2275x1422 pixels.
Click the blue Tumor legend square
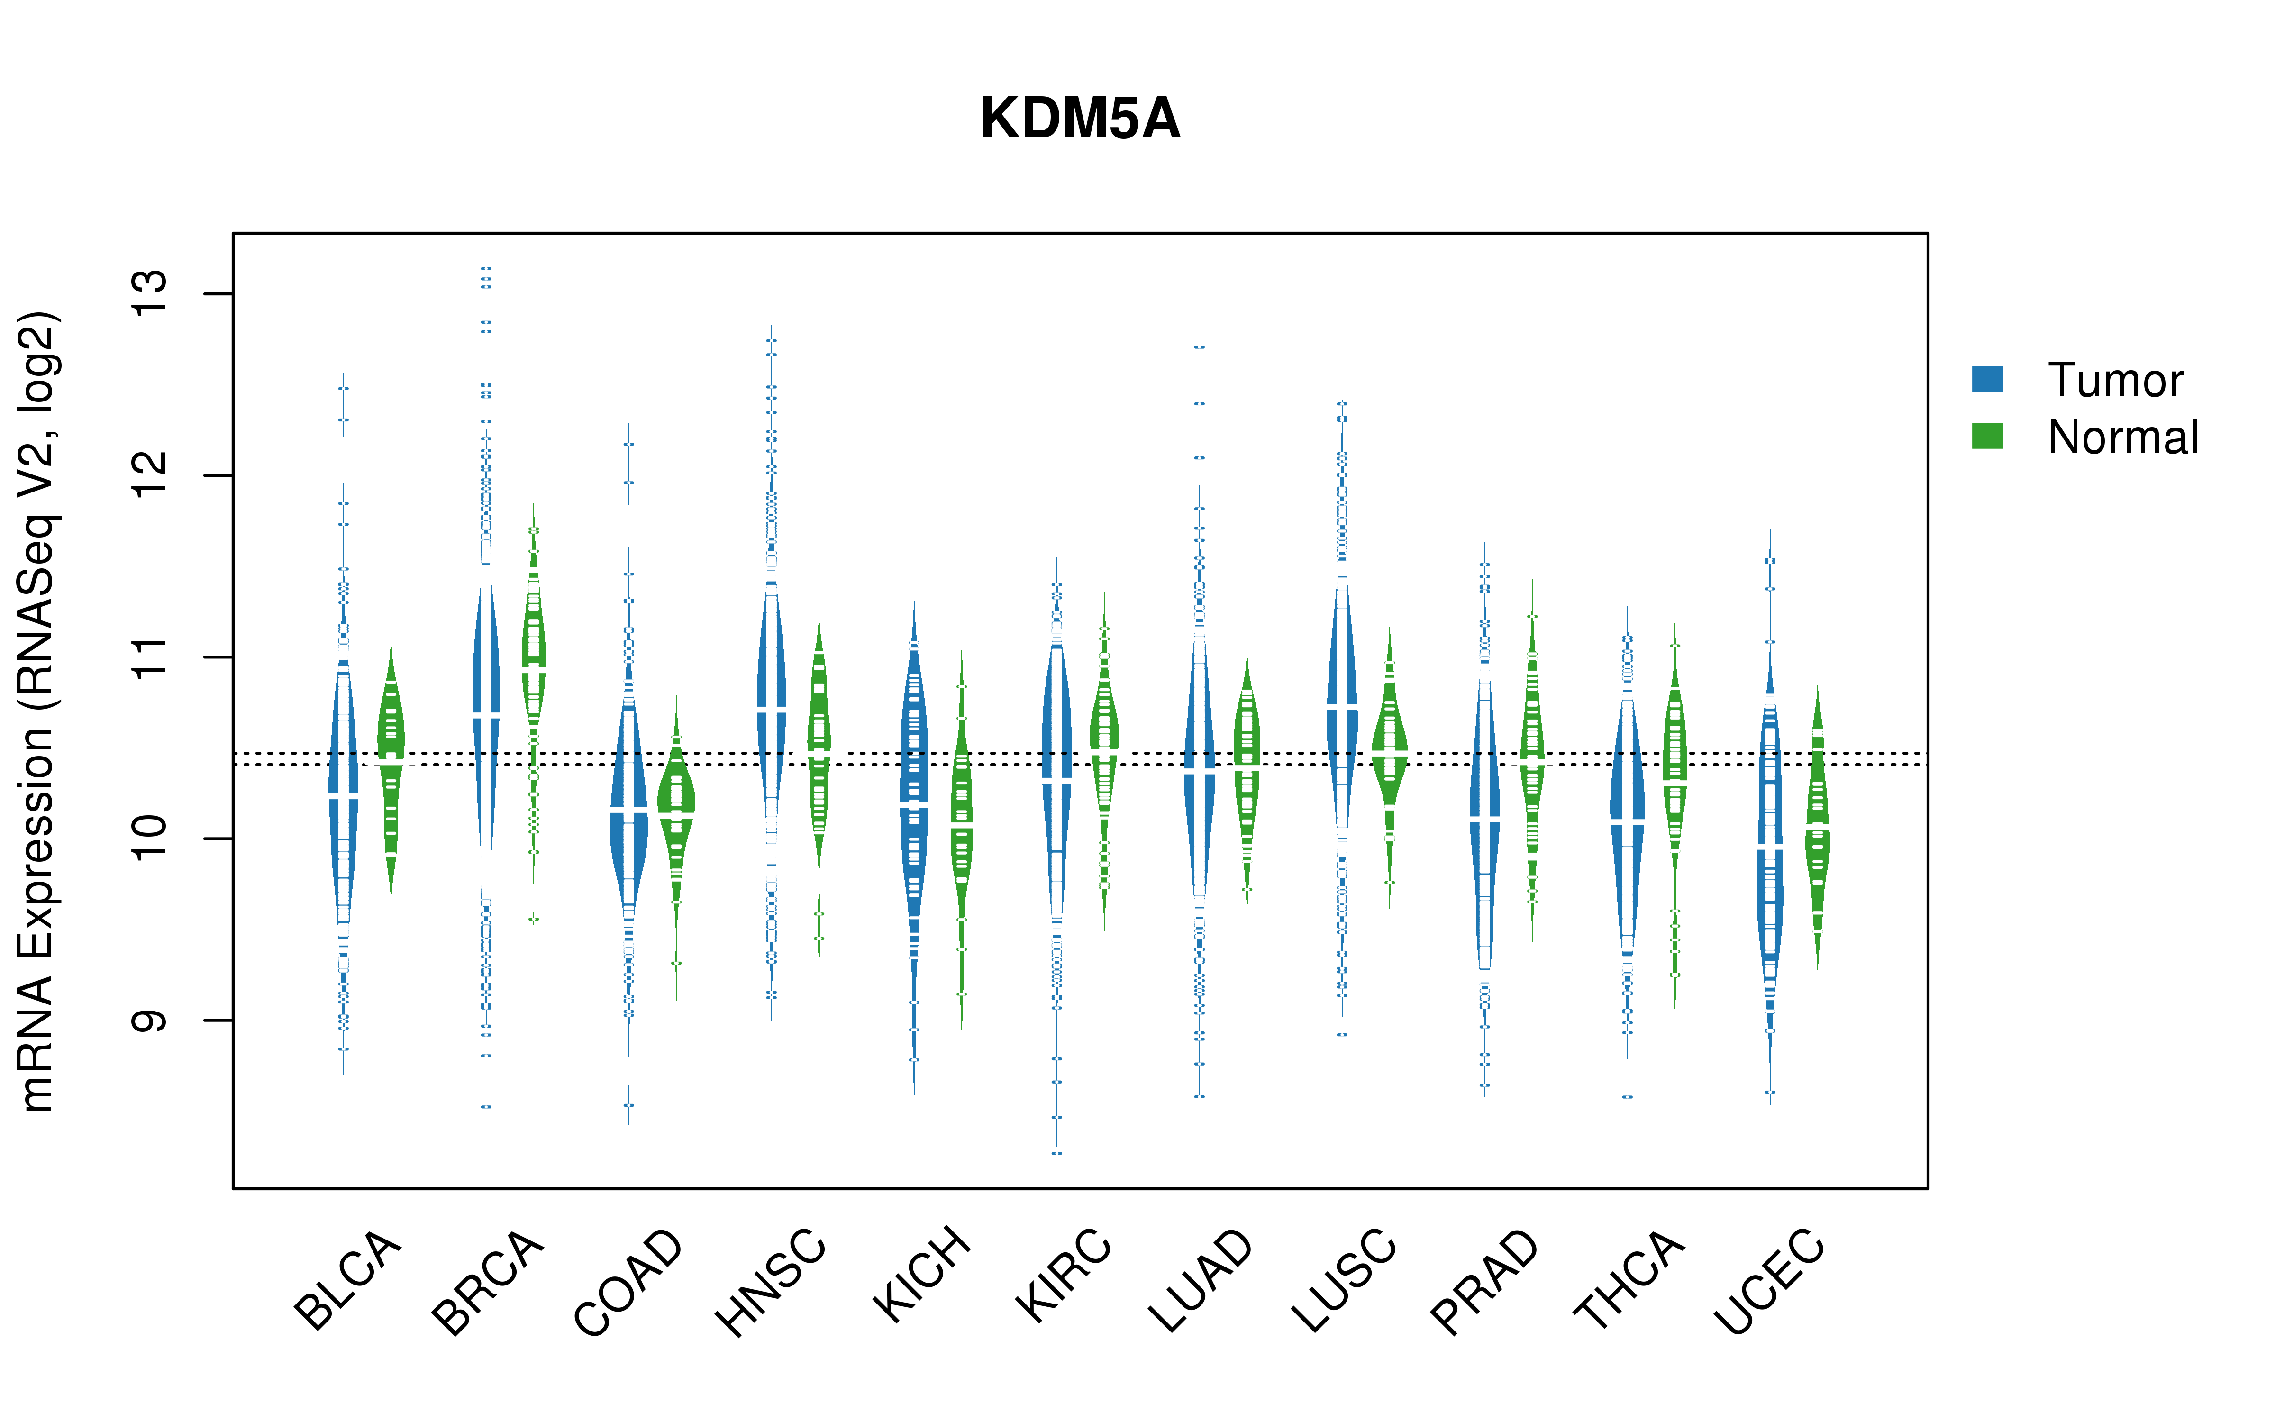[1987, 379]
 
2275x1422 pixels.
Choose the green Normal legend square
[1987, 436]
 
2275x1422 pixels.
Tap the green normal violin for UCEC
[1818, 828]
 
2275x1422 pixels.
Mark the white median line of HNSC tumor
[771, 708]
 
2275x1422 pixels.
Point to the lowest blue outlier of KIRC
[1056, 1152]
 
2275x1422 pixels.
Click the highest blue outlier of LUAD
[1200, 347]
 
